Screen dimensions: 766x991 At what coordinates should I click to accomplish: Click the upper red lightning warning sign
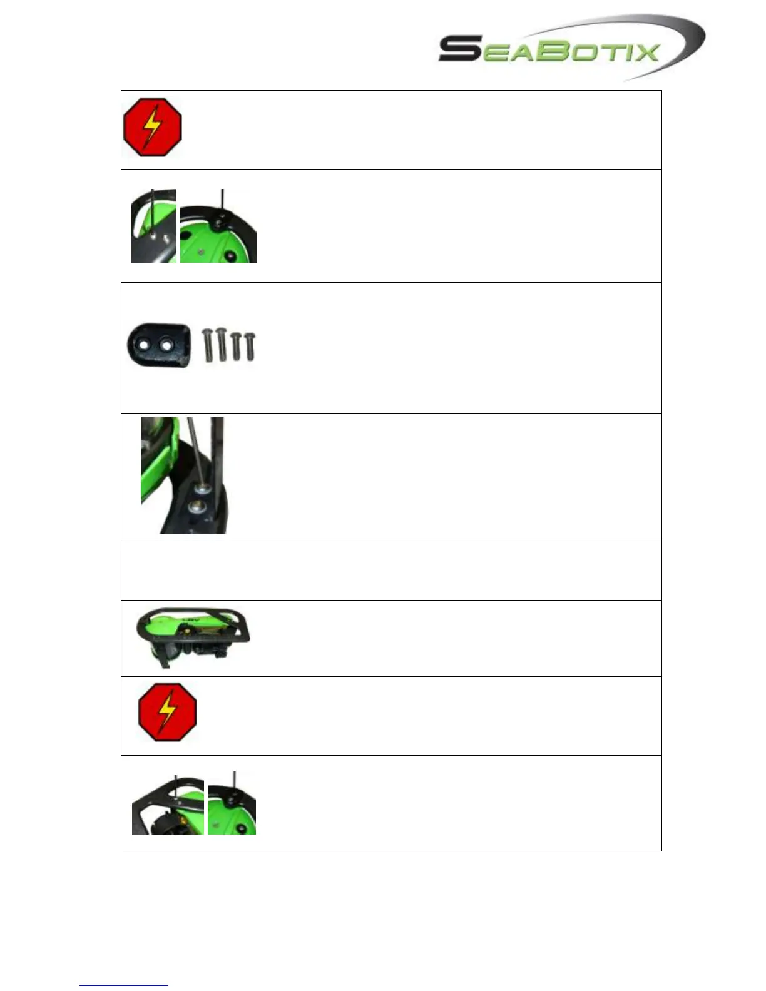click(152, 127)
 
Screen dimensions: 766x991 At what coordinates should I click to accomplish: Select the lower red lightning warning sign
click(167, 712)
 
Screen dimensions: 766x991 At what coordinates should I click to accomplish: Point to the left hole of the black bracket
click(143, 343)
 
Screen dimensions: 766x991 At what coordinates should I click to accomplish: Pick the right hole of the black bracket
click(166, 344)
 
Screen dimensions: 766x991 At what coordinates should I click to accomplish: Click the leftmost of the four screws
click(208, 344)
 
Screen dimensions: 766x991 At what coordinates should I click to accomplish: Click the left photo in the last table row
click(168, 804)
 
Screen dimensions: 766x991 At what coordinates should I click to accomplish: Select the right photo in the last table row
click(232, 804)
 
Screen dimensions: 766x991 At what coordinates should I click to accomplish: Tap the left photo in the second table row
click(153, 226)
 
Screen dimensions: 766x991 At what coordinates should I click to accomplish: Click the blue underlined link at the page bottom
click(124, 986)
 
